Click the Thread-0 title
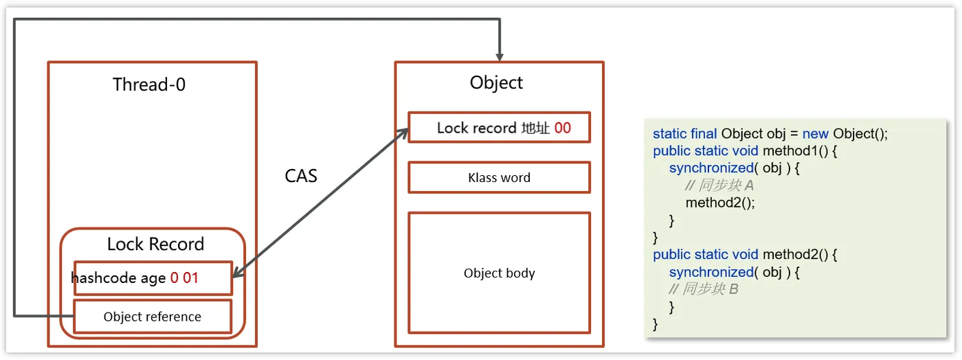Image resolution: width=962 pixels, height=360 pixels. point(149,85)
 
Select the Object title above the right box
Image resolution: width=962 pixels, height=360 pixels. point(496,83)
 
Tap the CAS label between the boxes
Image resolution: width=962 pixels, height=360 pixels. point(301,176)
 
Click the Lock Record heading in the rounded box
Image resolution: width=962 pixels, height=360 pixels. point(155,244)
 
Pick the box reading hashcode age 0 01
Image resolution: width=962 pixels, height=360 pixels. point(153,278)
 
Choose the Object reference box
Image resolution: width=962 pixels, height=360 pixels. point(153,317)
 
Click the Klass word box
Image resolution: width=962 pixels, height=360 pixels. point(499,178)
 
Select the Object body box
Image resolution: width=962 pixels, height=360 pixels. point(499,273)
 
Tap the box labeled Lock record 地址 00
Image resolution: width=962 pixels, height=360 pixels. point(499,128)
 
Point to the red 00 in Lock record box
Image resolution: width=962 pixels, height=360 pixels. point(562,128)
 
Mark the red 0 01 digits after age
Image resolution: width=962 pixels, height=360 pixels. point(184,278)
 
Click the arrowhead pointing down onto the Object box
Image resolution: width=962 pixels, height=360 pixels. point(500,54)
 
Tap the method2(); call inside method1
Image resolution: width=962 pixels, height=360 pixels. point(720,203)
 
